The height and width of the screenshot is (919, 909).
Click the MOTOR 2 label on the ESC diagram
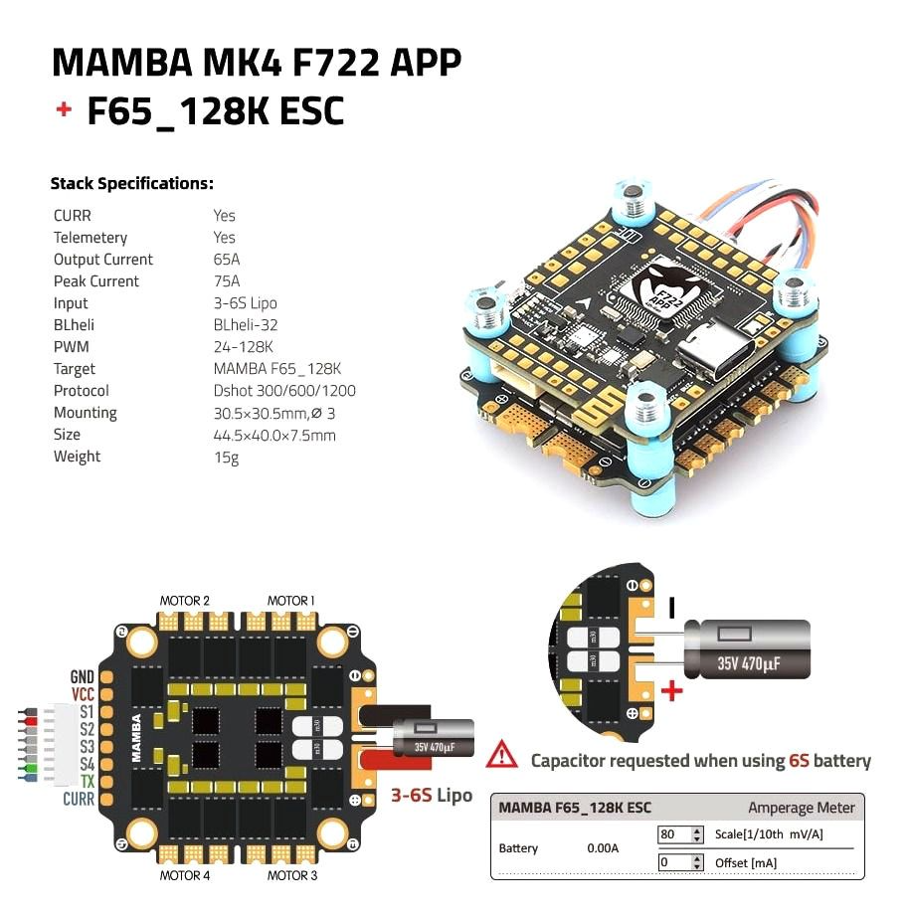(185, 601)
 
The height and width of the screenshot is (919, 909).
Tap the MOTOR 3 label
(292, 875)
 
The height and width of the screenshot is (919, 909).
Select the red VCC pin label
(83, 695)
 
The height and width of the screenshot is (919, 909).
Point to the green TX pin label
(87, 782)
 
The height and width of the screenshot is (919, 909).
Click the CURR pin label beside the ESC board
(79, 799)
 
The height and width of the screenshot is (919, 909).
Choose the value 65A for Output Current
(226, 260)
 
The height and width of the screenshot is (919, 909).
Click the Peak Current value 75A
(226, 281)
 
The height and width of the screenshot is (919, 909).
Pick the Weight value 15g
(225, 457)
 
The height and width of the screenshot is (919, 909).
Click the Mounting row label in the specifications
(85, 413)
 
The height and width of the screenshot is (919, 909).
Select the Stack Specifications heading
(131, 184)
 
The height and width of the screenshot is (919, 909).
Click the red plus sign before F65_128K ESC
(64, 109)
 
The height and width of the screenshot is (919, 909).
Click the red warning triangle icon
(502, 756)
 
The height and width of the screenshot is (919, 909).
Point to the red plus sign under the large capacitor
(673, 689)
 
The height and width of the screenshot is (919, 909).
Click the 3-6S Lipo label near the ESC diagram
(431, 796)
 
